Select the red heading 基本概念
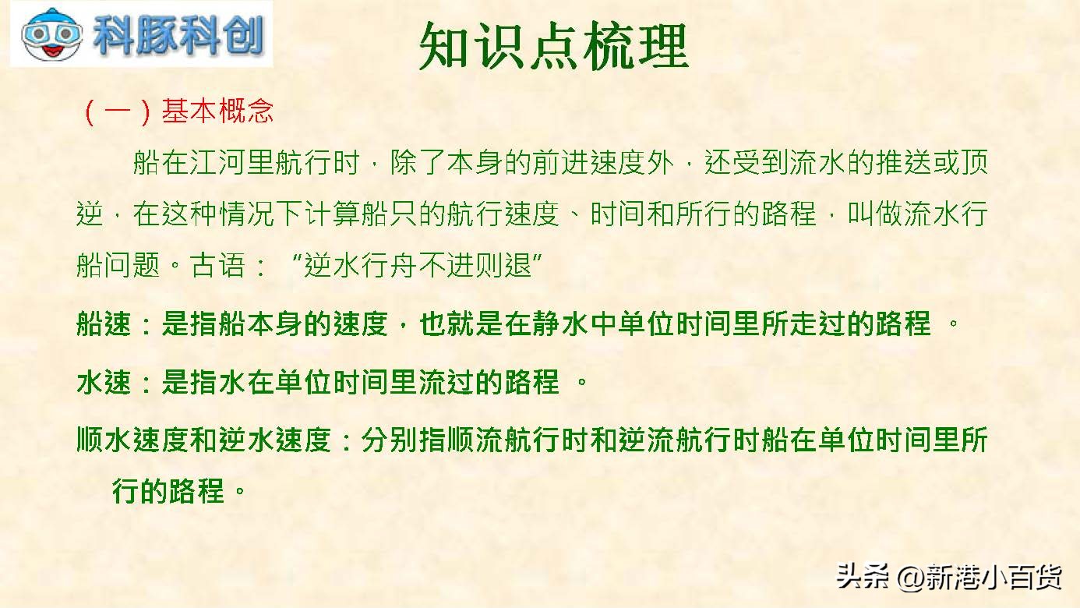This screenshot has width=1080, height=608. click(217, 112)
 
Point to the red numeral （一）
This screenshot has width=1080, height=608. click(117, 112)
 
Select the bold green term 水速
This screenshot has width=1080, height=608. click(104, 383)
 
